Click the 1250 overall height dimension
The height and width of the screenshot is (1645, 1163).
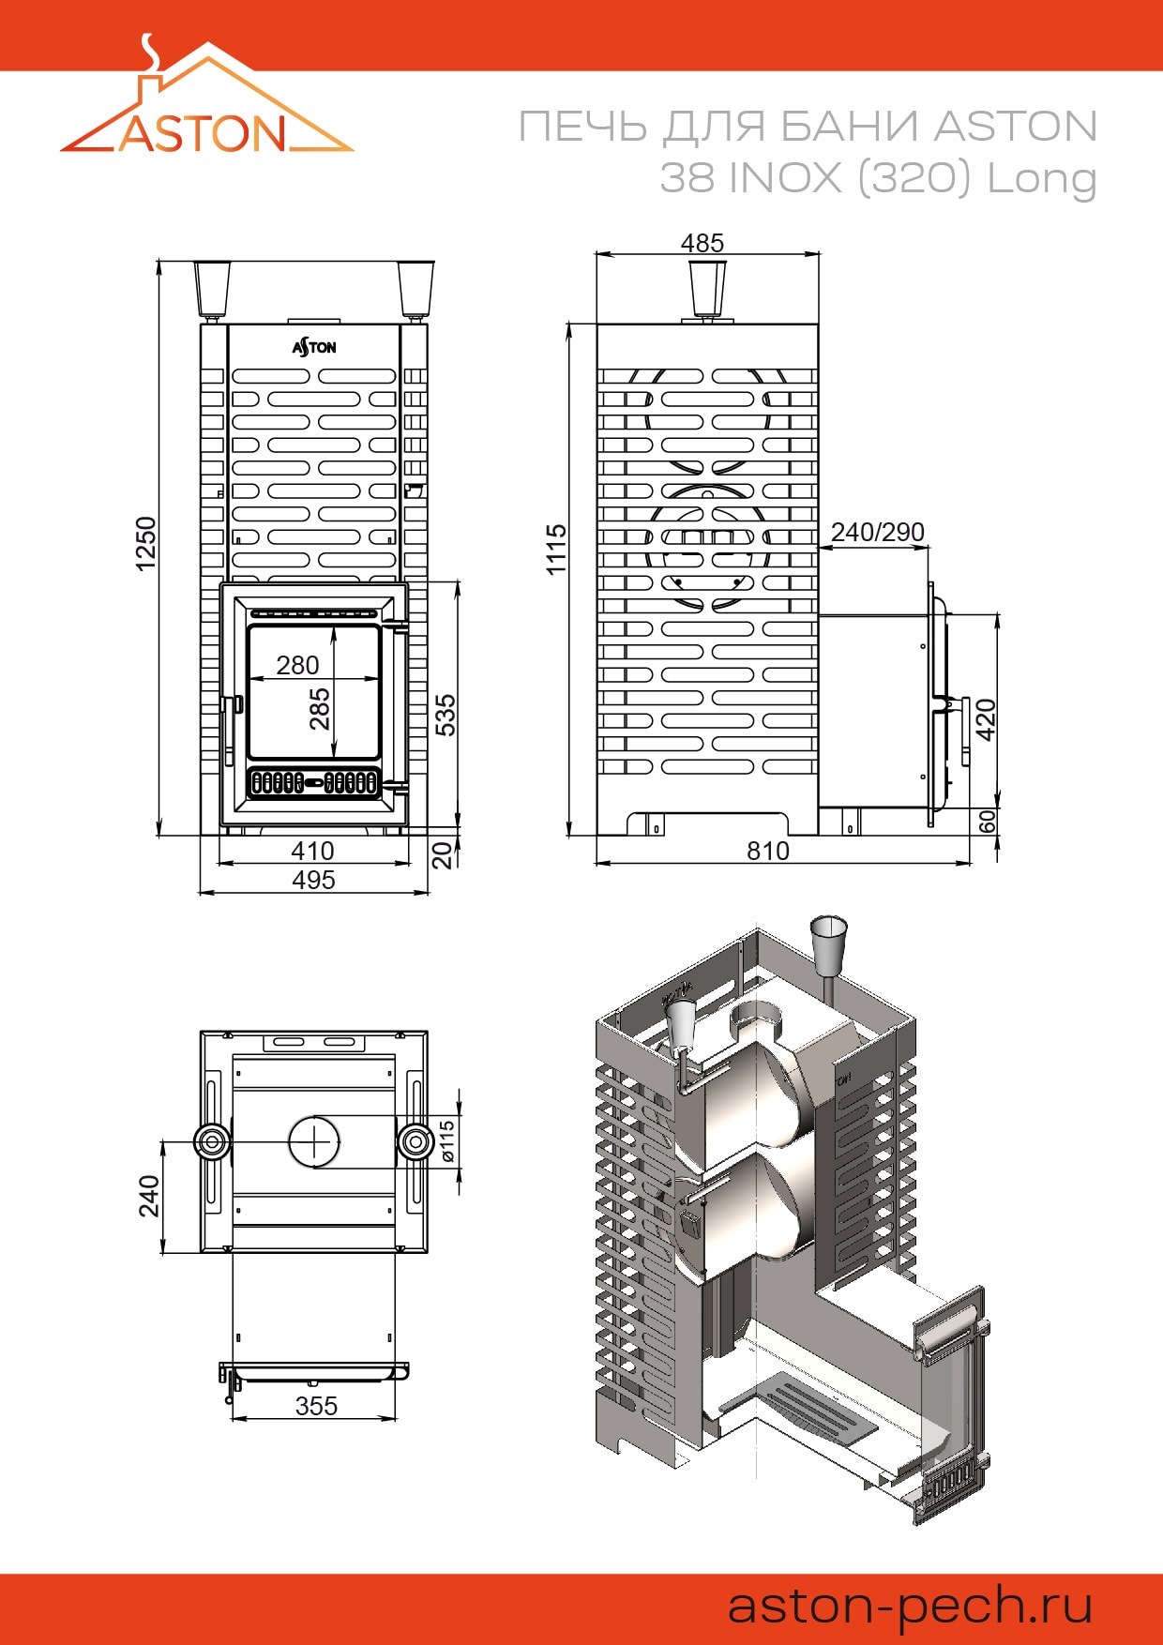[x=145, y=543]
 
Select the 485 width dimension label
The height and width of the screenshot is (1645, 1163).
[x=702, y=243]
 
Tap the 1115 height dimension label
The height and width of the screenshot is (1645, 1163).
[x=556, y=550]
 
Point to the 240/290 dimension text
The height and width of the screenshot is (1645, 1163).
[x=878, y=532]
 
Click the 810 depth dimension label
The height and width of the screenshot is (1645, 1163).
[x=768, y=851]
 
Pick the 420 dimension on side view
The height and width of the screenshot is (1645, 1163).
[x=986, y=719]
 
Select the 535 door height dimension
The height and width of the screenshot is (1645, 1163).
[x=446, y=715]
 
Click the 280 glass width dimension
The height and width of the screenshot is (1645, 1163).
[x=297, y=665]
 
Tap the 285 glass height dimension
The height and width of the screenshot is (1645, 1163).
[x=320, y=709]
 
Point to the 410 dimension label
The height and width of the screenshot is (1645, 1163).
[x=312, y=851]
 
